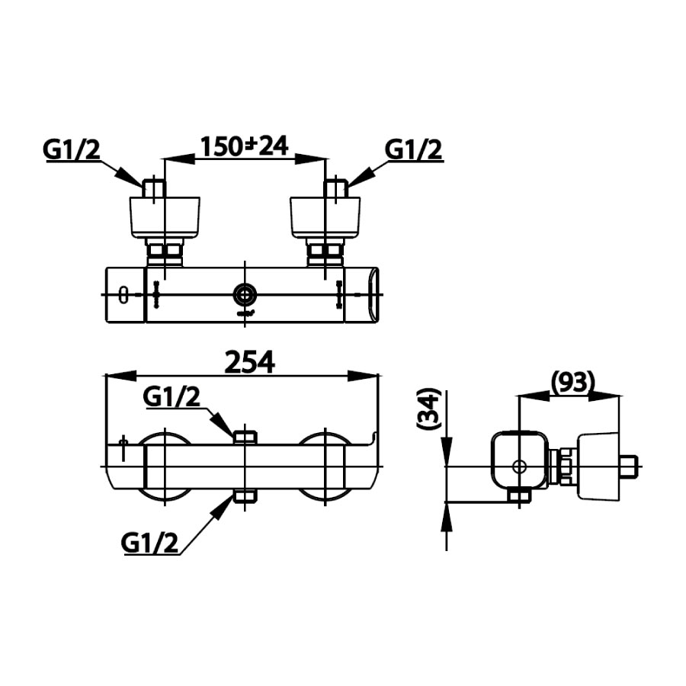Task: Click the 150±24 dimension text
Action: (x=244, y=146)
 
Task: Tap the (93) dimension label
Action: (x=571, y=381)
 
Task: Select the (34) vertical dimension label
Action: (x=429, y=412)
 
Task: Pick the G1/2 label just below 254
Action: (x=172, y=396)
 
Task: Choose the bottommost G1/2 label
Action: (x=149, y=543)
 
